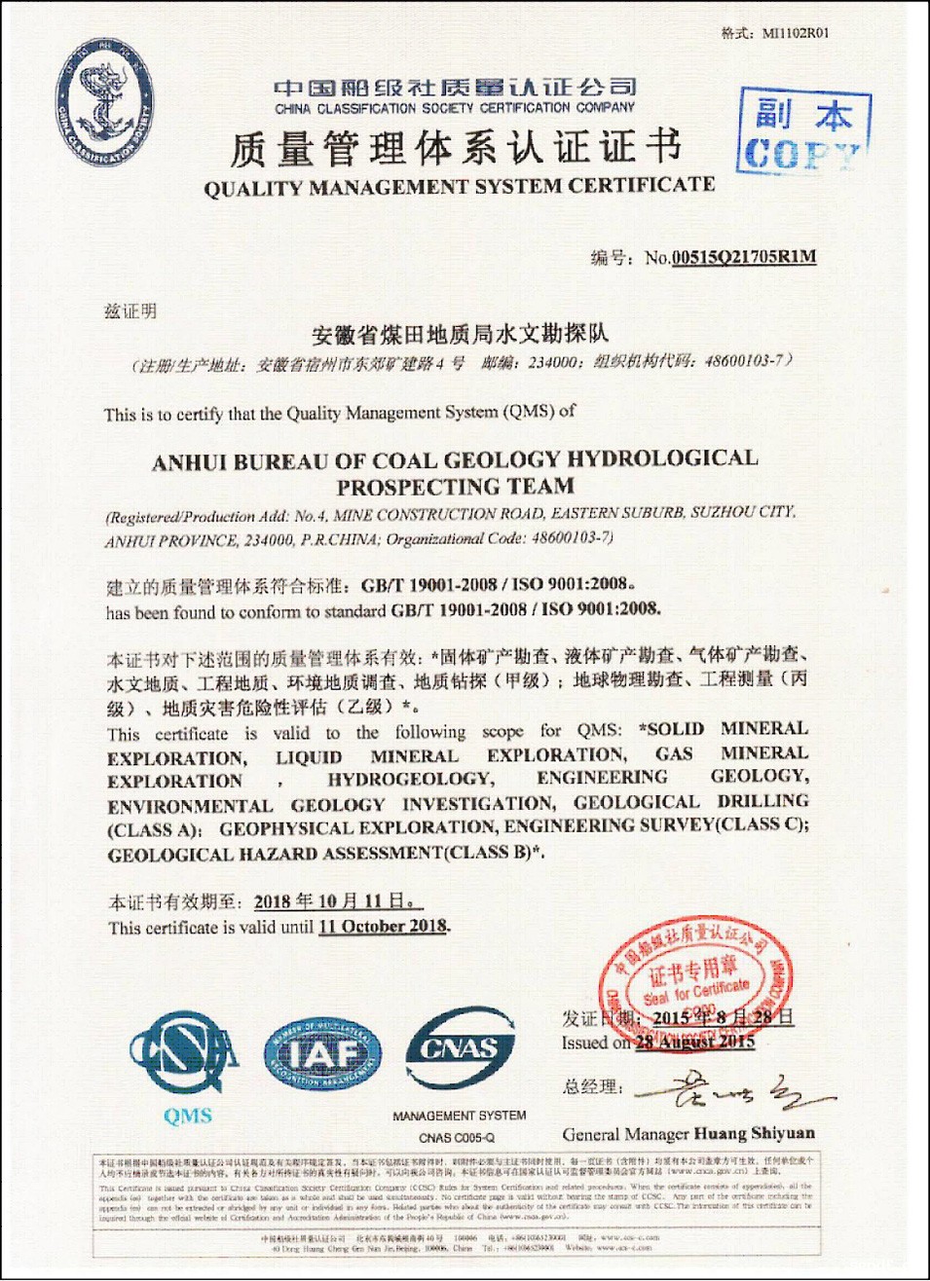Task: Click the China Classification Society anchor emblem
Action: click(105, 103)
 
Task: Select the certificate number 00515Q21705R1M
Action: click(744, 257)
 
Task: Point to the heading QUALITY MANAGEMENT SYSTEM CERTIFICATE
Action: click(460, 187)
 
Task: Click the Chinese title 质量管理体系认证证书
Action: click(456, 148)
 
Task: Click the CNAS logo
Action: click(460, 1049)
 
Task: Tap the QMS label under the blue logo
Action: click(188, 1116)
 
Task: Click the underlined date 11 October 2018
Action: click(384, 927)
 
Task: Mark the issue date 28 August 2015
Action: click(695, 1043)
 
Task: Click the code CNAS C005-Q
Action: click(457, 1137)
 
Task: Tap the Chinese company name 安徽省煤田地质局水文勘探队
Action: click(460, 336)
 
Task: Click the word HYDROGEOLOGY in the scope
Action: click(410, 779)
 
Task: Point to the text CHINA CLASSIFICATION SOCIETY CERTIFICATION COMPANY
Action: click(455, 108)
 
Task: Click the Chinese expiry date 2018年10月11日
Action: click(337, 901)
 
